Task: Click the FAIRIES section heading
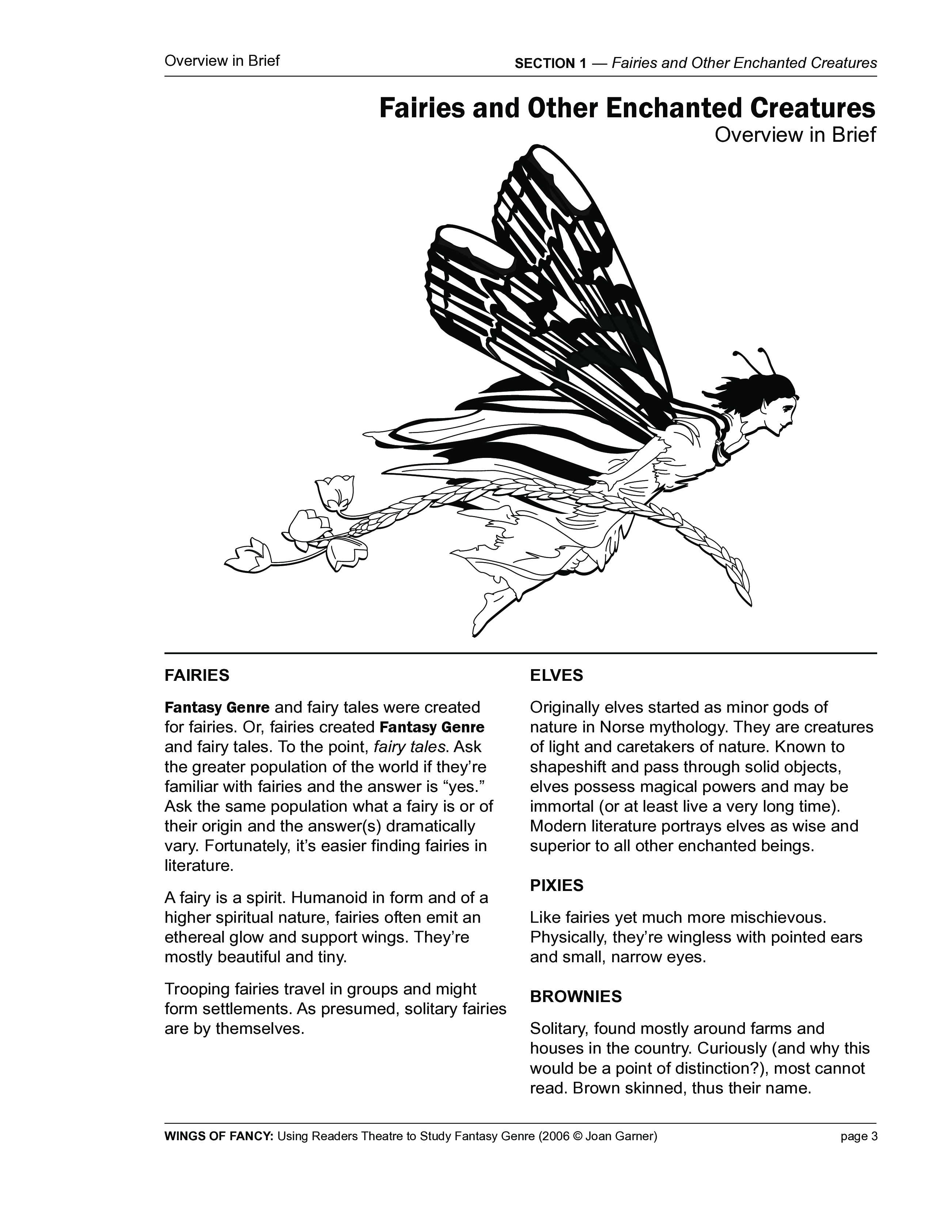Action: [x=197, y=675]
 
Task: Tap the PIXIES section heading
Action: [x=557, y=886]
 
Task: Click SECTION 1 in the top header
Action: [x=550, y=64]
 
